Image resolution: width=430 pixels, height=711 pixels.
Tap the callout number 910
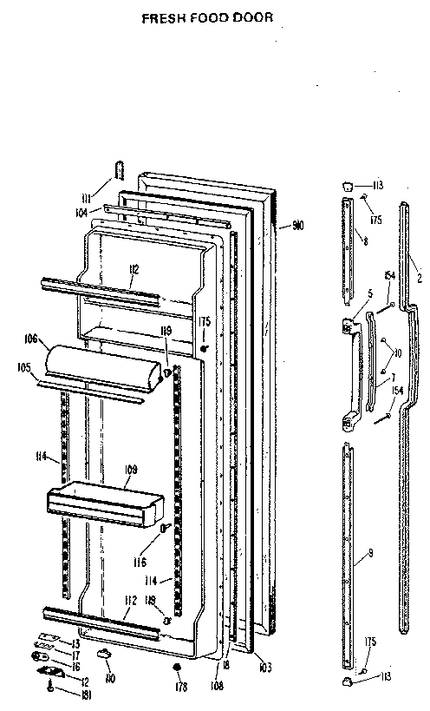[x=297, y=227]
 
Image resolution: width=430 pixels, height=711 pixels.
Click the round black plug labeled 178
[x=176, y=668]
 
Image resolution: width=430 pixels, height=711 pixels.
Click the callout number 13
[x=75, y=643]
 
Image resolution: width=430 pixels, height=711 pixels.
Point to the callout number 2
[x=419, y=278]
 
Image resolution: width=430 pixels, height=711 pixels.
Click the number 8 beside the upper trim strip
[x=365, y=240]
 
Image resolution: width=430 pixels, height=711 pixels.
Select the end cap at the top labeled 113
[x=346, y=185]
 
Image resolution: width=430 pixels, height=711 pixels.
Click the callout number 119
[x=164, y=331]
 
